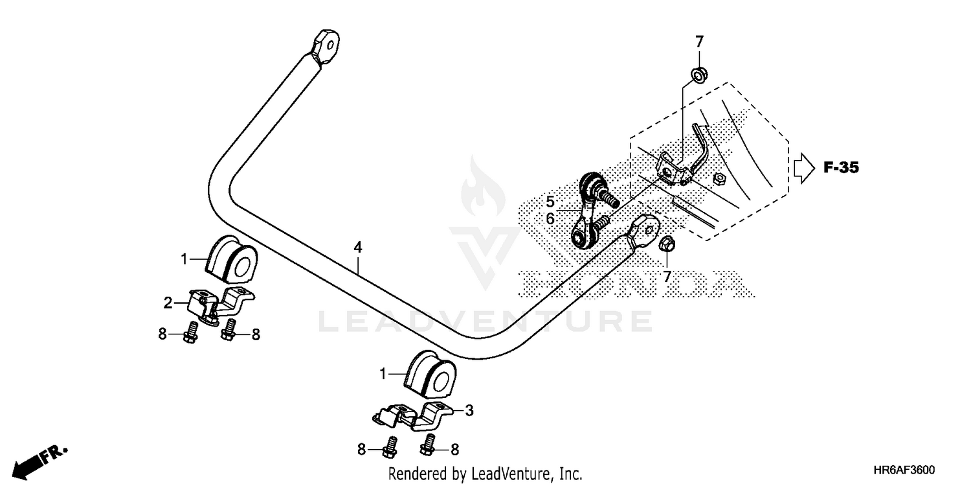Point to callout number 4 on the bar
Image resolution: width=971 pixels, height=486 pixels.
[x=357, y=247]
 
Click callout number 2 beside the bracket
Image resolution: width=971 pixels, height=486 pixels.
[x=167, y=303]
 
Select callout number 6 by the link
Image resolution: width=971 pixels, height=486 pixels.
[x=550, y=219]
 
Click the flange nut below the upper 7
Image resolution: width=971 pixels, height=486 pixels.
[x=699, y=73]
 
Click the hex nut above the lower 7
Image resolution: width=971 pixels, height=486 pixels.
[x=667, y=245]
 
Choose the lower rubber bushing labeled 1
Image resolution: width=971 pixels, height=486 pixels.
[x=430, y=374]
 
